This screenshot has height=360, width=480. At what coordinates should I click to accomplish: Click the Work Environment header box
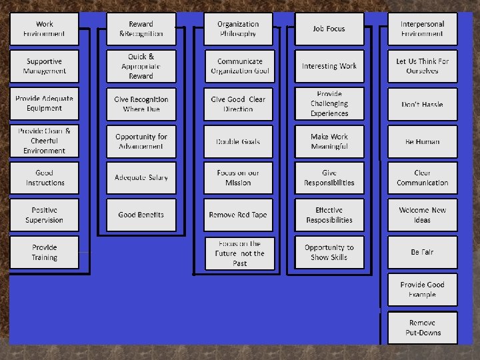[44, 29]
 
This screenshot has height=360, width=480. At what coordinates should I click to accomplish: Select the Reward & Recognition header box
[141, 29]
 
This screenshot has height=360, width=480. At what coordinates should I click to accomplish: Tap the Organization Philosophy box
[238, 29]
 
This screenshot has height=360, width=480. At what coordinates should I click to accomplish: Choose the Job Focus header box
[329, 29]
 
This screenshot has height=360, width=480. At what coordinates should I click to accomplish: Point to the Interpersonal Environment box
[423, 29]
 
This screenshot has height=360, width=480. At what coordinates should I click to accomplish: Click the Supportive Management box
[44, 67]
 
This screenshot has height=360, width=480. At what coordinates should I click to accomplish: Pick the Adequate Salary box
[141, 178]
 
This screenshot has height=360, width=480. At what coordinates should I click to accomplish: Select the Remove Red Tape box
[238, 215]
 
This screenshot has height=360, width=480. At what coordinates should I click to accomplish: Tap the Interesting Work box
[329, 67]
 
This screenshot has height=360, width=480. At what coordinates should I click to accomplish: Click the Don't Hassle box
[423, 104]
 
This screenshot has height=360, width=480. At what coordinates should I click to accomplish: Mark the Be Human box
[423, 141]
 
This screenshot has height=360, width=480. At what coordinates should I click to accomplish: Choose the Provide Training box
[44, 253]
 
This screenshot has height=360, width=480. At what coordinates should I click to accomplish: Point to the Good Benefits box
[141, 215]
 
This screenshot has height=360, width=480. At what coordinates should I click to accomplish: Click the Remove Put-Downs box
[423, 328]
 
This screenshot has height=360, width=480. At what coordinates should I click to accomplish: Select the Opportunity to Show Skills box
[329, 253]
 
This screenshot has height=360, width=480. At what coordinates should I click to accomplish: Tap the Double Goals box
[238, 141]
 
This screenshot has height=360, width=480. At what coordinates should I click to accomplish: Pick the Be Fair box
[423, 253]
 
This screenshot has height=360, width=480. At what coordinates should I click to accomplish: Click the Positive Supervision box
[44, 215]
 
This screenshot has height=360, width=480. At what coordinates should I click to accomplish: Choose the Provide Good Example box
[423, 290]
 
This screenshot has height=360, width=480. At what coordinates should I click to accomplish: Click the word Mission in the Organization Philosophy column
[238, 183]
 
